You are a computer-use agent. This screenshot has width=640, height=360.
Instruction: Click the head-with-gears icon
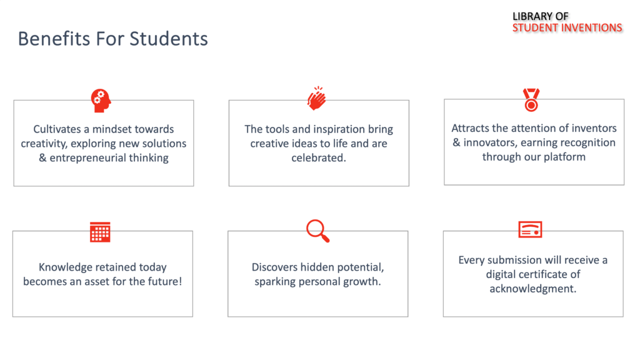pos(101,101)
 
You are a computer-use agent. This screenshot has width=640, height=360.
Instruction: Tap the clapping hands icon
pos(317,98)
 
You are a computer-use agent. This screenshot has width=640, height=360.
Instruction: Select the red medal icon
pos(531,99)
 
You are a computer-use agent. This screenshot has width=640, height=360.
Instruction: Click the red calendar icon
pos(100,232)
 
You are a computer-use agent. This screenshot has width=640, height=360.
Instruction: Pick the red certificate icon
pos(530,229)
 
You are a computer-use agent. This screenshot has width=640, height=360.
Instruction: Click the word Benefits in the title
pos(54,39)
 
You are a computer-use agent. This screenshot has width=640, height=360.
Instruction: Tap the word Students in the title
pos(169,39)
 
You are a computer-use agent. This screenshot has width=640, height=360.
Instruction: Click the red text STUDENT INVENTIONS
pos(567,27)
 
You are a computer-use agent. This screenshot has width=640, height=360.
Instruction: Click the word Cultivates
pos(57,129)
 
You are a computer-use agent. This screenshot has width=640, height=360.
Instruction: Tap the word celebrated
pos(319,158)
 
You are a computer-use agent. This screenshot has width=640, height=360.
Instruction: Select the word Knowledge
pos(64,267)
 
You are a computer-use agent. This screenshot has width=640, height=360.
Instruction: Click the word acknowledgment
pos(533,289)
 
